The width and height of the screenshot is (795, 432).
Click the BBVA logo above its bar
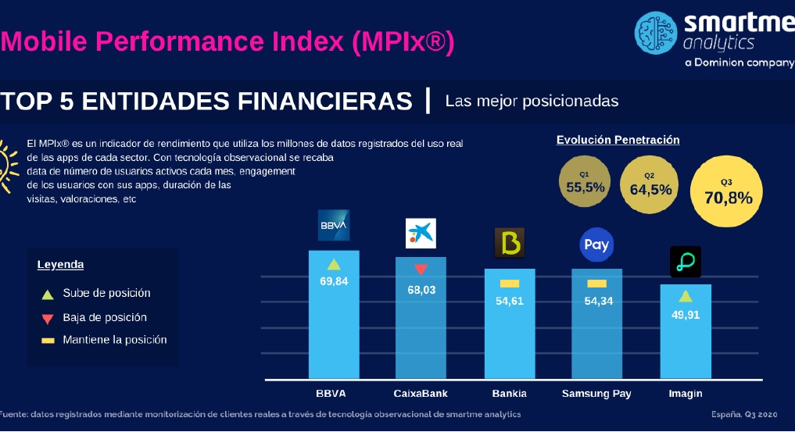click(334, 225)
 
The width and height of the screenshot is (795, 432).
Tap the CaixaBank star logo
click(421, 233)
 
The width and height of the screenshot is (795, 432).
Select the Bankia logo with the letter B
click(510, 243)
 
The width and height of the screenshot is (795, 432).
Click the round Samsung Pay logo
click(596, 245)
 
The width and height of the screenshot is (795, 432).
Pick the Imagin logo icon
click(686, 262)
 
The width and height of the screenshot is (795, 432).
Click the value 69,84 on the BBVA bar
click(334, 281)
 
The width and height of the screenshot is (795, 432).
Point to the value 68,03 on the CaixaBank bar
click(421, 289)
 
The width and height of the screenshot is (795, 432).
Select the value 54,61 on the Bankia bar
click(510, 301)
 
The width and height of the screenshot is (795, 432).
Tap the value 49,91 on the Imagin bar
click(686, 316)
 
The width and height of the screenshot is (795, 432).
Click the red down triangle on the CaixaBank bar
click(421, 270)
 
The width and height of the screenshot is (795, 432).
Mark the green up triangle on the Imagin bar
click(686, 296)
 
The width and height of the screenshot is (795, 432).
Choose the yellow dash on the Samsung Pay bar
click(596, 283)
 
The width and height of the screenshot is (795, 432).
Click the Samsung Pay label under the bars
click(596, 393)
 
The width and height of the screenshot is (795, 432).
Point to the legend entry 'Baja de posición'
click(105, 318)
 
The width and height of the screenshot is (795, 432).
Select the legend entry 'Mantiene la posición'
click(114, 340)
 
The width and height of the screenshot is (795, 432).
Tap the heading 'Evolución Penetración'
click(618, 140)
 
